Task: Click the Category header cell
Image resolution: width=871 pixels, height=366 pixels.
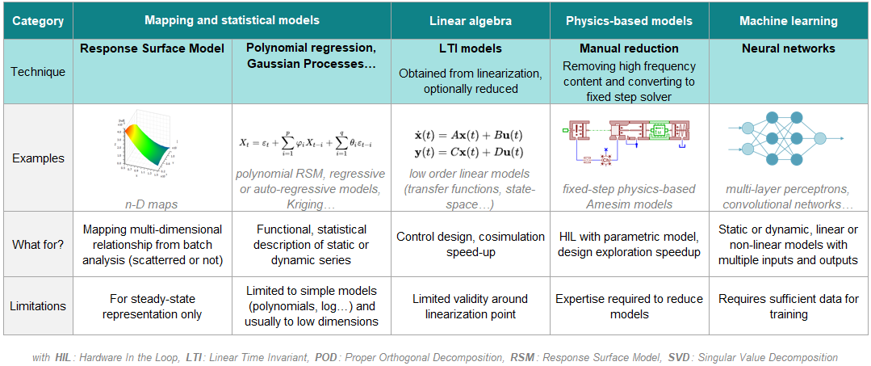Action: (x=38, y=21)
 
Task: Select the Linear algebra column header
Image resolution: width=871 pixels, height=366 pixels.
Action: (x=471, y=21)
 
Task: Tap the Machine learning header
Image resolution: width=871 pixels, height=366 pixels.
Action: (x=788, y=21)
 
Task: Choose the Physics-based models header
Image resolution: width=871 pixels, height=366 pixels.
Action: (x=629, y=21)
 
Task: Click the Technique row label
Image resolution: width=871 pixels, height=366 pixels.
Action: (x=38, y=71)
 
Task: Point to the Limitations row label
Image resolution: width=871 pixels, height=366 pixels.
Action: (x=38, y=305)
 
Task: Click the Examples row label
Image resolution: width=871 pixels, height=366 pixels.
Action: (x=38, y=158)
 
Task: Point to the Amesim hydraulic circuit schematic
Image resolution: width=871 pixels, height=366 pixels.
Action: (x=627, y=141)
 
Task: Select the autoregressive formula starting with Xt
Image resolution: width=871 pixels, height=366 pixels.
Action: (x=311, y=142)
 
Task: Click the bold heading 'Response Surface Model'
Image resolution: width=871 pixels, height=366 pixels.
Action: (x=152, y=48)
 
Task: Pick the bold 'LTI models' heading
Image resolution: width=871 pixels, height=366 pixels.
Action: (x=469, y=48)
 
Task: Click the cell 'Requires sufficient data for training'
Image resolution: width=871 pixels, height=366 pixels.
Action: (x=788, y=306)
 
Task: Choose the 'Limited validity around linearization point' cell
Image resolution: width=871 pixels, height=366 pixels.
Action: (x=471, y=306)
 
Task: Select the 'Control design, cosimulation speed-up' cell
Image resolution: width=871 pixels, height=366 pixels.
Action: (x=471, y=244)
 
